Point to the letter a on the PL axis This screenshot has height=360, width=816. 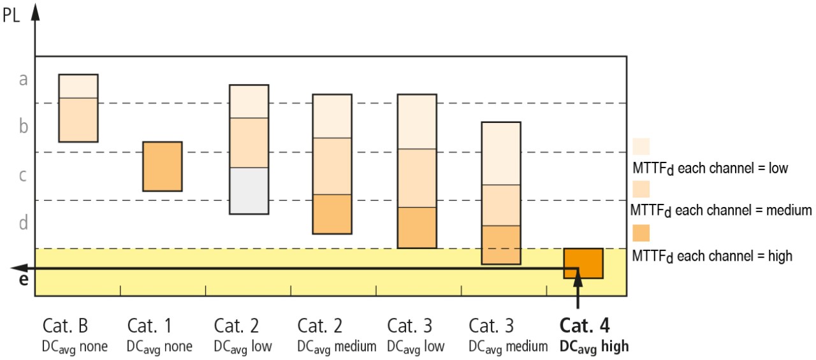pyautogui.click(x=24, y=80)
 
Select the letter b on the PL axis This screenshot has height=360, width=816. pyautogui.click(x=24, y=127)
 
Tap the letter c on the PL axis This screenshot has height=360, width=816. pyautogui.click(x=24, y=176)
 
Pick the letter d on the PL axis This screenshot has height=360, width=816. pyautogui.click(x=24, y=224)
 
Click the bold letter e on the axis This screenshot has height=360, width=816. pyautogui.click(x=24, y=280)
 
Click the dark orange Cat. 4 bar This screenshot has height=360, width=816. pyautogui.click(x=583, y=263)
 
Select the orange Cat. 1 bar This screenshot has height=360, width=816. pyautogui.click(x=162, y=166)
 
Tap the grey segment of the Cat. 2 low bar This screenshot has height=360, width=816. pyautogui.click(x=249, y=191)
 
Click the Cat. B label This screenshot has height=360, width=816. pyautogui.click(x=65, y=326)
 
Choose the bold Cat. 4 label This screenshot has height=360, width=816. pyautogui.click(x=584, y=326)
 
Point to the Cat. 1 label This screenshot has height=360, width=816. pyautogui.click(x=150, y=326)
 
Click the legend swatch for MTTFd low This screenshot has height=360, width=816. pyautogui.click(x=641, y=147)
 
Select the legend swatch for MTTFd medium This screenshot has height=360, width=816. pyautogui.click(x=641, y=189)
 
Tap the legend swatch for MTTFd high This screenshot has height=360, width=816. pyautogui.click(x=641, y=233)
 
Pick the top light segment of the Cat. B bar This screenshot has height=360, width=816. pyautogui.click(x=78, y=86)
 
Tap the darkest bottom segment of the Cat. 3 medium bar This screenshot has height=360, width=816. pyautogui.click(x=501, y=245)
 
